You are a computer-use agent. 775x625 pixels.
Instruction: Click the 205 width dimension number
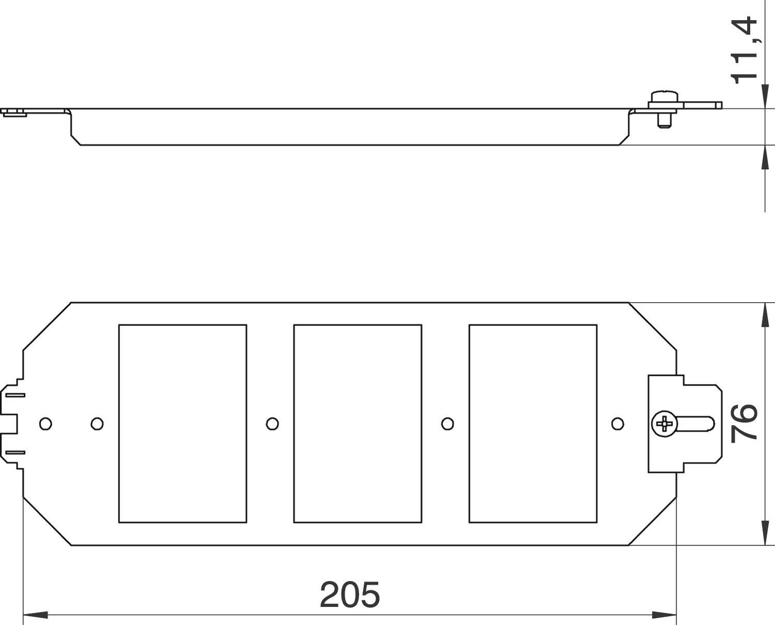click(350, 594)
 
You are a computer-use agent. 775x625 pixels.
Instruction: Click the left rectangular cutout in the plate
click(182, 423)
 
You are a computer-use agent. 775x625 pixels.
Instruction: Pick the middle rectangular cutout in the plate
click(358, 423)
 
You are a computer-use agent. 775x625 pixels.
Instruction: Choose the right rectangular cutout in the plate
click(533, 423)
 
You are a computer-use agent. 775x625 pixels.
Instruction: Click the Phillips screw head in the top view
click(663, 424)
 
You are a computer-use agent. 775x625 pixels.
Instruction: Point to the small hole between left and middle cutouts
click(272, 424)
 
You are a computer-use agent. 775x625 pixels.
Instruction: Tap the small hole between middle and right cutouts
click(447, 424)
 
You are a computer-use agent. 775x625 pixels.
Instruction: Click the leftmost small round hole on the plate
click(45, 424)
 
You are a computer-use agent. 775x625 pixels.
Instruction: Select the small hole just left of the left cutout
click(97, 424)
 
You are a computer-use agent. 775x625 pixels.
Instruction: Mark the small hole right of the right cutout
click(617, 424)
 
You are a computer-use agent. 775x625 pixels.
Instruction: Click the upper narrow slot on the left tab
click(16, 395)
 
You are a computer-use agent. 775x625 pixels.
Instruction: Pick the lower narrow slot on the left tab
click(16, 453)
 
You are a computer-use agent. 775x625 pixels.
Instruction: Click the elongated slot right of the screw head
click(695, 424)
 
